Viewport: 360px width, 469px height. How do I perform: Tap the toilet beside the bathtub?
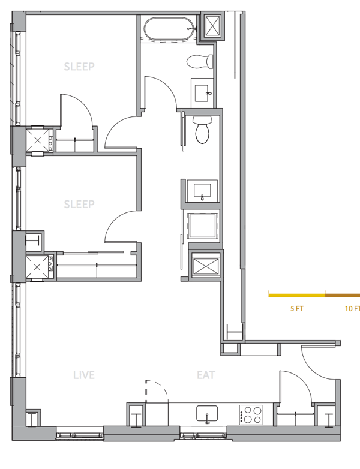pos(200,61)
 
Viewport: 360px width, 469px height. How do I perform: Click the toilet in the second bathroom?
pos(203,130)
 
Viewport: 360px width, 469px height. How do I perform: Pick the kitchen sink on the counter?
pos(207,414)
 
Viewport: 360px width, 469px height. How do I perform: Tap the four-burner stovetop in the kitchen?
pos(250,414)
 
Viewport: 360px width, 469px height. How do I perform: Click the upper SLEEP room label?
pos(79,67)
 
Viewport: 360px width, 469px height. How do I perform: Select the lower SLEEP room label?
pos(79,205)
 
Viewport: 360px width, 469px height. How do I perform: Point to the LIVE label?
pos(84,375)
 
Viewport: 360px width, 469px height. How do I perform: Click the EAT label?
pos(206,375)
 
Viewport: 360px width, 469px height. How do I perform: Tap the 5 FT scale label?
pos(296,309)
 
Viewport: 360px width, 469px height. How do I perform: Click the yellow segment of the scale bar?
pos(297,296)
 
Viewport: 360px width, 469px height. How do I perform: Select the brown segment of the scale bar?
pos(343,296)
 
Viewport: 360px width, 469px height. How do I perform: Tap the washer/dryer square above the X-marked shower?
pos(202,226)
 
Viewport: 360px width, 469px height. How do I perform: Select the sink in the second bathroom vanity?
pos(202,191)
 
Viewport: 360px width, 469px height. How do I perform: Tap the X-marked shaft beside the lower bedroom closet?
pos(37,267)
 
